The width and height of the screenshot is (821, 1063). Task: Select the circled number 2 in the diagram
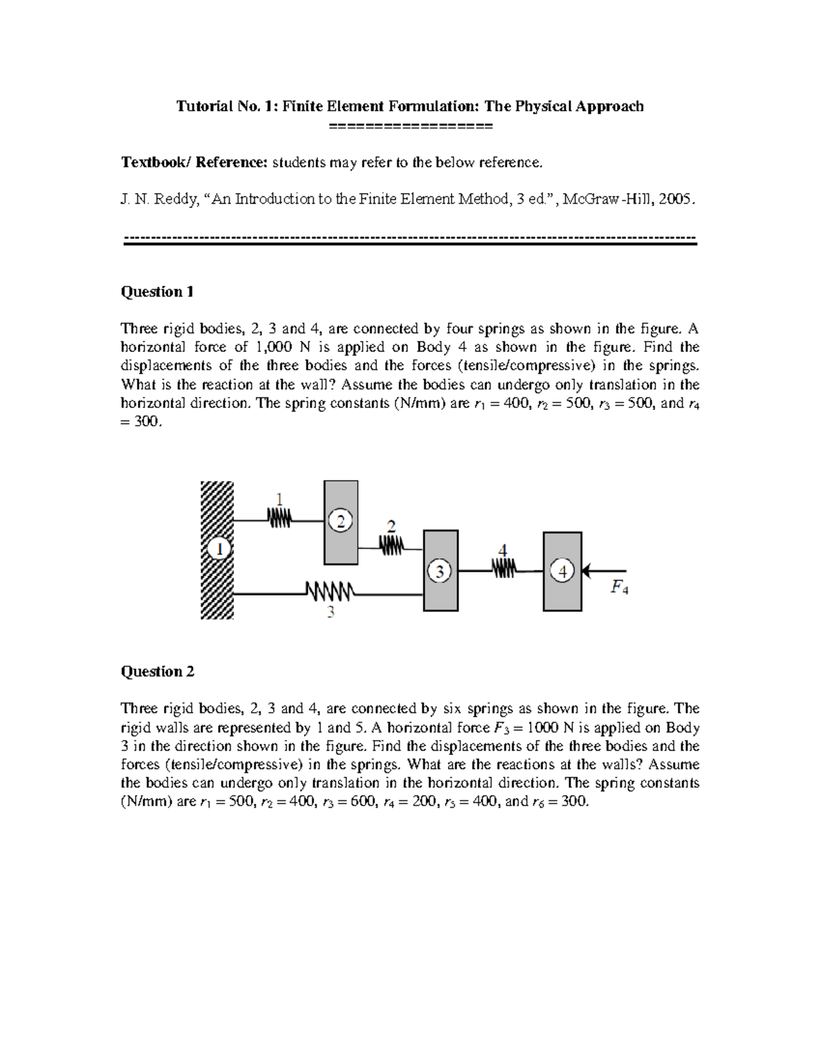(x=340, y=522)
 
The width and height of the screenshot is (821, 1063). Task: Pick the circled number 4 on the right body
(x=562, y=571)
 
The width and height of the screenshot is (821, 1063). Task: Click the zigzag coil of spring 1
(x=279, y=520)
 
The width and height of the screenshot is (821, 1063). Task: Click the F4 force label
(x=618, y=587)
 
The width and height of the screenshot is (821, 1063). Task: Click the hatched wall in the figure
(x=217, y=582)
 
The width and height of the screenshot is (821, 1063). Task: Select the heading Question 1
(x=157, y=292)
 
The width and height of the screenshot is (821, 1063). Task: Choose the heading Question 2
(x=157, y=671)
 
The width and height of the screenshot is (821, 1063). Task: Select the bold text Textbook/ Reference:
(x=195, y=162)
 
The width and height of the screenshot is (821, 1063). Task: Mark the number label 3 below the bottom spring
(x=330, y=613)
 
